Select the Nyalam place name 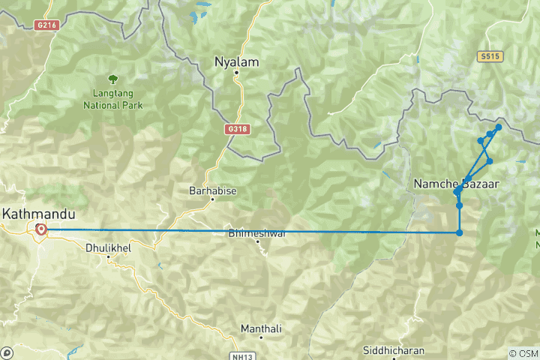coord(236,61)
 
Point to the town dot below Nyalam coord(235,73)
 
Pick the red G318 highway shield coord(236,129)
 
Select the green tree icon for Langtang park coord(113,78)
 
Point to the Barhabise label coord(213,191)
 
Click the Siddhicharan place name coord(393,350)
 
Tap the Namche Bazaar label coord(455,183)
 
